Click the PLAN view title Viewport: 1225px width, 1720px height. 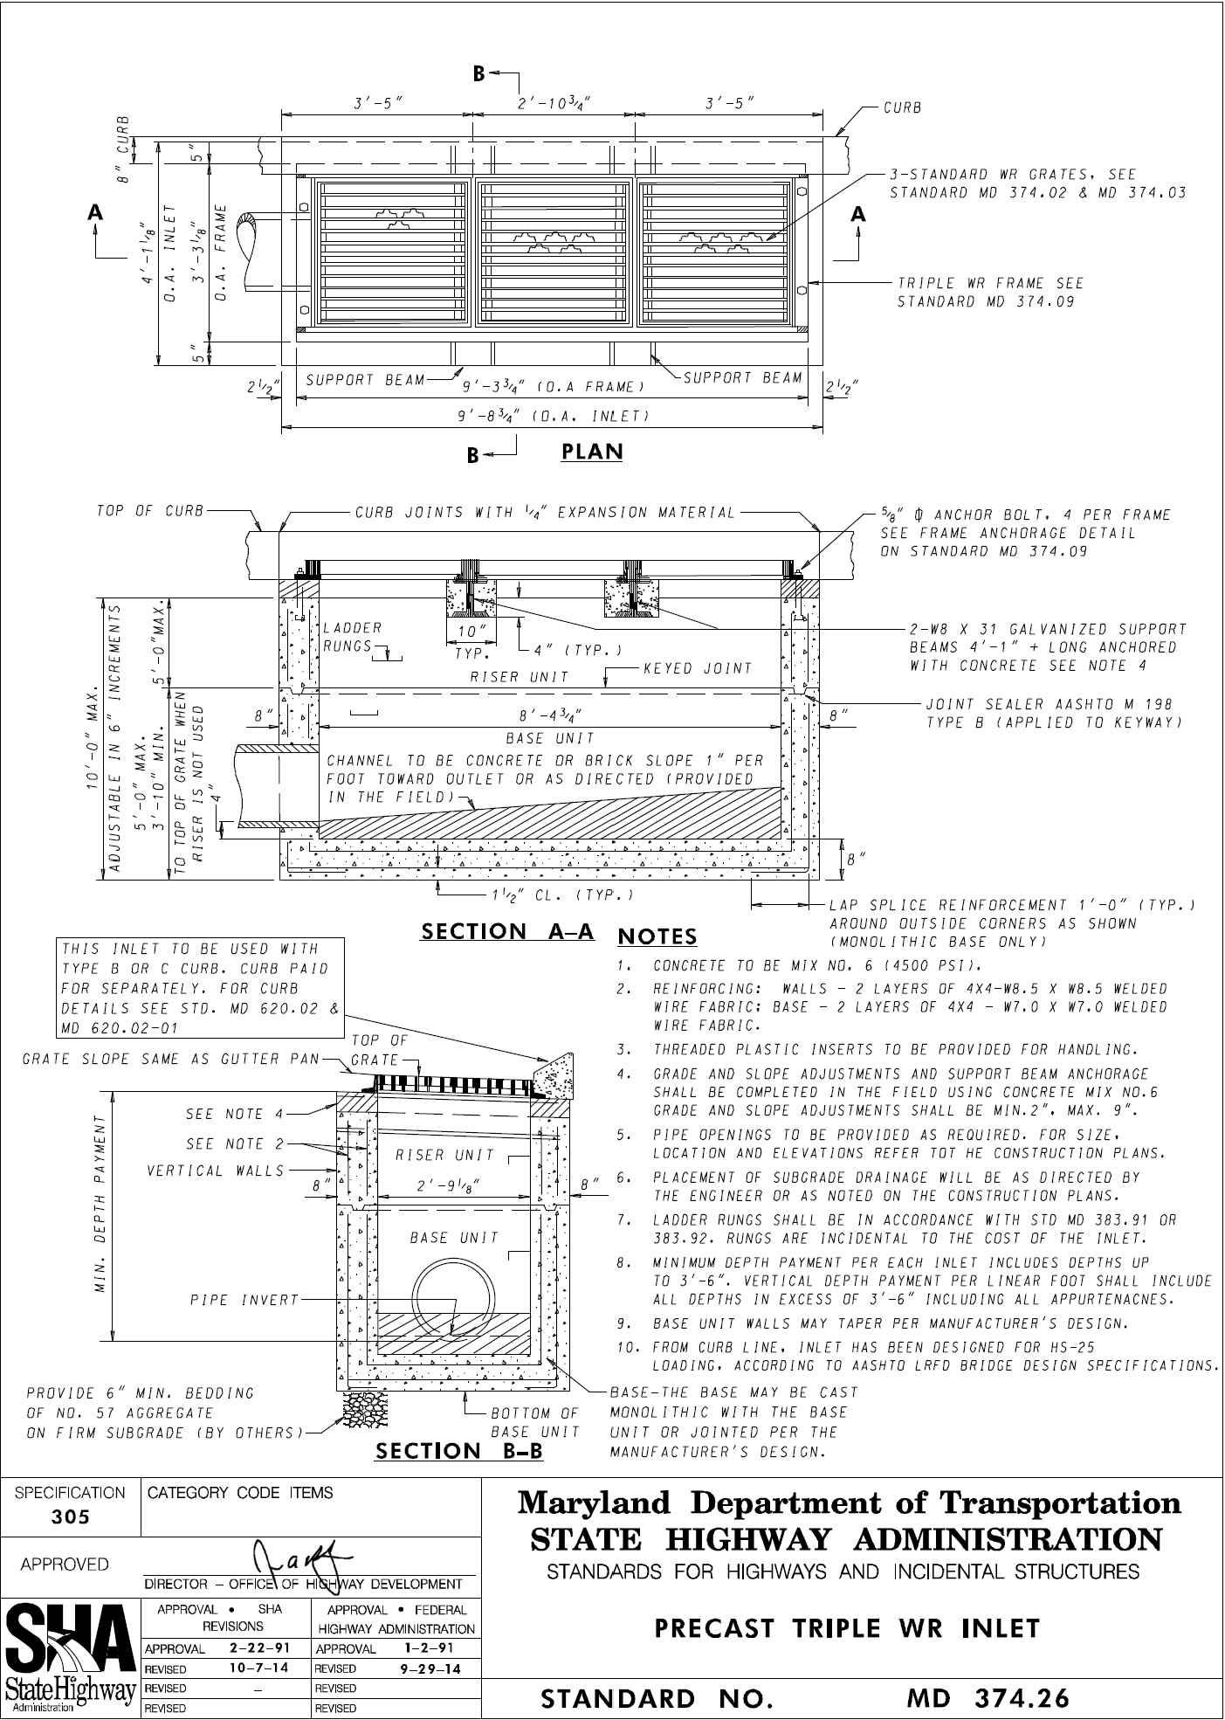click(591, 452)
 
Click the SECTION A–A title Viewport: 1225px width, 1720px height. click(507, 932)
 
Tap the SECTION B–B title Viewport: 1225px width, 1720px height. click(458, 1451)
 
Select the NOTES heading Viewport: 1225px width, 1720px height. click(657, 937)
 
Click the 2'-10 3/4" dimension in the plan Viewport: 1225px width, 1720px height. click(554, 103)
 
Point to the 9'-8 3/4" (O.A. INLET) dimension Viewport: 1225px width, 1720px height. click(554, 417)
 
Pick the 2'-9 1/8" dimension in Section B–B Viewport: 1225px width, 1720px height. click(444, 1185)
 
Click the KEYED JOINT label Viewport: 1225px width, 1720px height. click(698, 669)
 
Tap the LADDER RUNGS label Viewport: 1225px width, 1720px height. click(352, 638)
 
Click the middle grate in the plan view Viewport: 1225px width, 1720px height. click(553, 253)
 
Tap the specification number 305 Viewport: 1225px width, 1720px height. click(70, 1517)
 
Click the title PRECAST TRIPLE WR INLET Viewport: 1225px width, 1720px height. click(847, 1628)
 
